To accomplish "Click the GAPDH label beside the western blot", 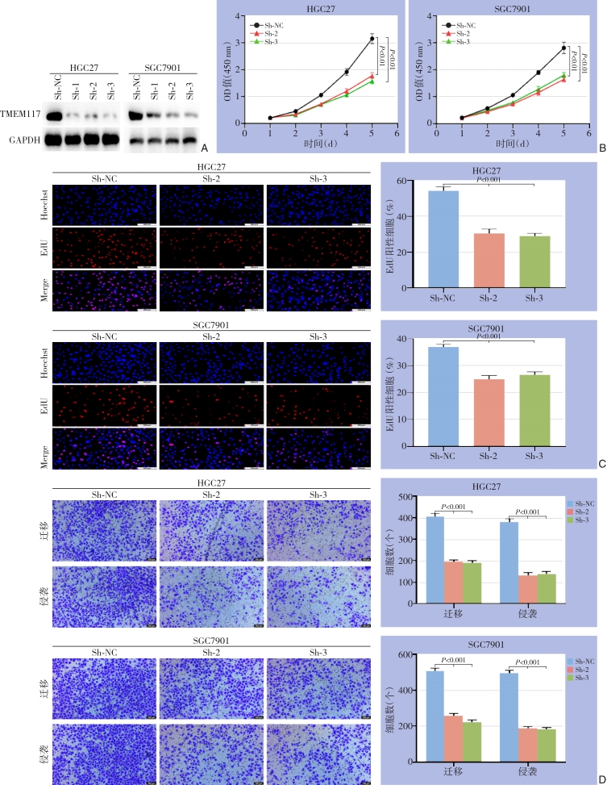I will click(22, 140).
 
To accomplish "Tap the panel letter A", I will click(204, 148).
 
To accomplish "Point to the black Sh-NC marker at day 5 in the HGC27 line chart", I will click(372, 39).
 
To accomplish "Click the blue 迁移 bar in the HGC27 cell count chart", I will click(434, 559).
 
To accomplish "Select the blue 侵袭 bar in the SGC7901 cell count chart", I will click(509, 716).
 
